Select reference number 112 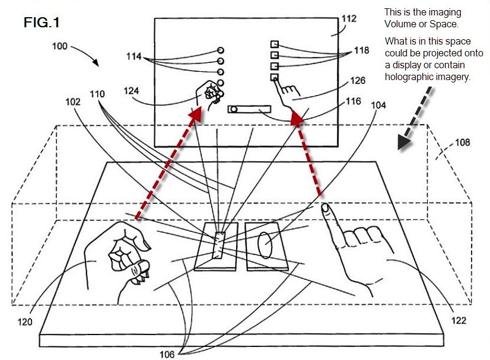coord(349,19)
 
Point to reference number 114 coord(135,56)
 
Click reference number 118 coord(362,51)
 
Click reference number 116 coord(354,101)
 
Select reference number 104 coord(378,106)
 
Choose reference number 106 coord(167,354)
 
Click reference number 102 coord(73,101)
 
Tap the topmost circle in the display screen coord(221,50)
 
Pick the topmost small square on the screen coord(274,44)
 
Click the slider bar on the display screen coord(249,109)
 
